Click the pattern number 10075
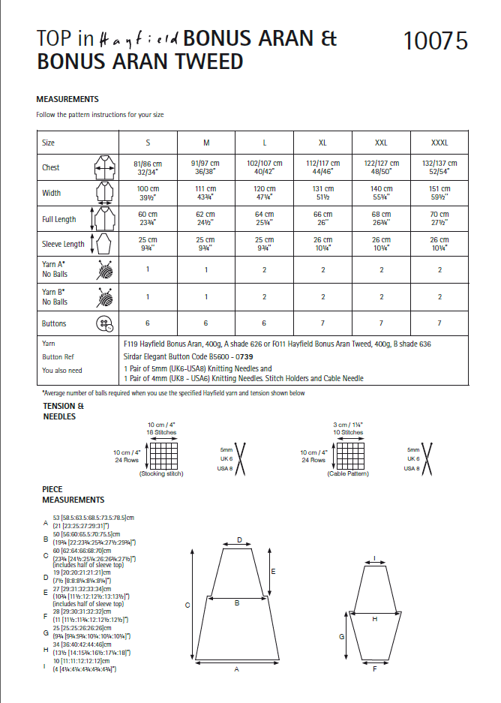[435, 41]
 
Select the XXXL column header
[439, 143]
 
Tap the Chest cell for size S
[147, 167]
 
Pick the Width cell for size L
[265, 193]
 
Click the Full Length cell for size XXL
[381, 219]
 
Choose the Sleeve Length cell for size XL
[322, 245]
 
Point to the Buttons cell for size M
[205, 323]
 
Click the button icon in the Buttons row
[103, 323]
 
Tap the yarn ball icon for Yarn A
[103, 270]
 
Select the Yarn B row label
[55, 297]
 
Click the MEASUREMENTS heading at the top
[67, 99]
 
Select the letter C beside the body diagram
[187, 604]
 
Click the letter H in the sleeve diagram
[374, 619]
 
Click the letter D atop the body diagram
[239, 540]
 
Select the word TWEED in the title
[202, 62]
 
